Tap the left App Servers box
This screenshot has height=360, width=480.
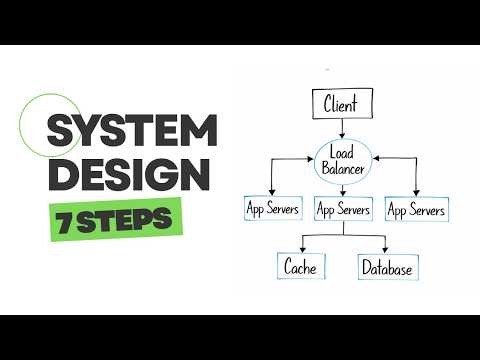273,210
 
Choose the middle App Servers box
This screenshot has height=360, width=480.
343,210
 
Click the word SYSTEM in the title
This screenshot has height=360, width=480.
131,131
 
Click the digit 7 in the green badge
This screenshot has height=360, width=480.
64,219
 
